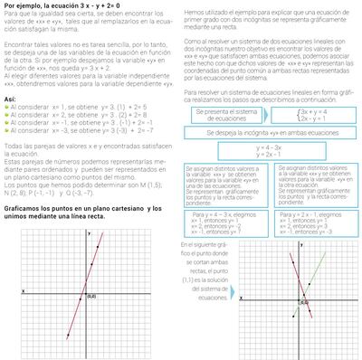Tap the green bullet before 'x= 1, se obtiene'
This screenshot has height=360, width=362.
coord(6,107)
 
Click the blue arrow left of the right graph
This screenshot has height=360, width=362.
coord(220,293)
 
